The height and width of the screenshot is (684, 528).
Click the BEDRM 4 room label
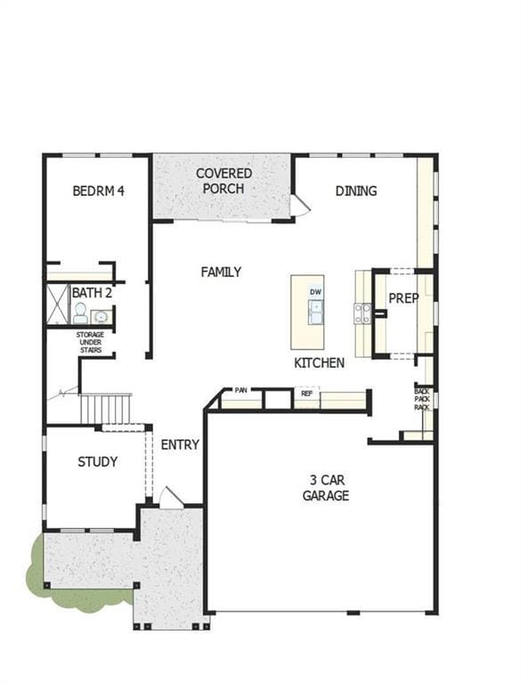tap(99, 191)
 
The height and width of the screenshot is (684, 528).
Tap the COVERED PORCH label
tap(224, 181)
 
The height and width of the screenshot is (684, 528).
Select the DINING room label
tap(356, 191)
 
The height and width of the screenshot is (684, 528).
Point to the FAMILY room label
tap(221, 273)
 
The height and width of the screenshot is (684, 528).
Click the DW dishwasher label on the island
tap(316, 292)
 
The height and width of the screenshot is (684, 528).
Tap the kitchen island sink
tap(316, 312)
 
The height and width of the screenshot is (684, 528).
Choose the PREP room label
tap(403, 298)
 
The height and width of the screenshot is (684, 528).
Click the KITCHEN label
tap(319, 363)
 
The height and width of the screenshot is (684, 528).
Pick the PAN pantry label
tap(241, 390)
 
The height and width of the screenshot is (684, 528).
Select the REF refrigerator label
tap(307, 394)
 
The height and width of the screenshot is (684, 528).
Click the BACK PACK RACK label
tap(422, 399)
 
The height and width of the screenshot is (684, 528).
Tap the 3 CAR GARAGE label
tap(326, 488)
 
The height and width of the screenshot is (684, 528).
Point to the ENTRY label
tap(180, 445)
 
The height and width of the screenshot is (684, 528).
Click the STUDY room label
tap(98, 462)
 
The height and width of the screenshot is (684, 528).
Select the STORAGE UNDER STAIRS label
tap(90, 342)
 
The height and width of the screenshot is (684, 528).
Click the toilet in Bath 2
tap(80, 313)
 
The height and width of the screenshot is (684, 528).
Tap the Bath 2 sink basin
tap(102, 316)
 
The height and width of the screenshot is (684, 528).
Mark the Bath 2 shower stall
tap(58, 305)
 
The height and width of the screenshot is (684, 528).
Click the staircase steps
tap(106, 408)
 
